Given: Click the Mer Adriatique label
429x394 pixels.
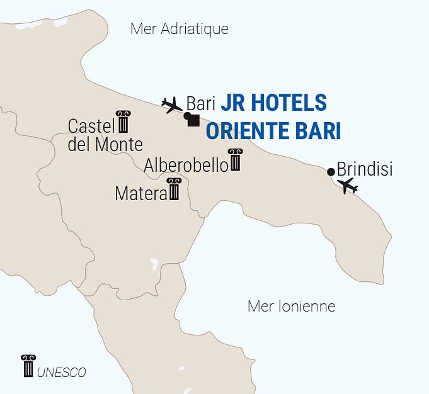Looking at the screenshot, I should [179, 29].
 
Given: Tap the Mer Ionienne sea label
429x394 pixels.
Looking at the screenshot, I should [291, 307].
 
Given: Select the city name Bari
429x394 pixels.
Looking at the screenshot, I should [201, 103].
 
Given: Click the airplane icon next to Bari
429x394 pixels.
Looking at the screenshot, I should [171, 104].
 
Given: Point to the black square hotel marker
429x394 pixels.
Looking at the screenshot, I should [193, 121].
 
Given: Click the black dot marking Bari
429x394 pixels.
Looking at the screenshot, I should [186, 116].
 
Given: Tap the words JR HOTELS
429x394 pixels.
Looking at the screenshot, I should [273, 103].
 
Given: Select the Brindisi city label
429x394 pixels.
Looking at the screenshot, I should [365, 169].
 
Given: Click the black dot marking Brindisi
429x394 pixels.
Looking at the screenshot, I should [331, 172].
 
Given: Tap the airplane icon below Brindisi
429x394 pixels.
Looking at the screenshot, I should [347, 186].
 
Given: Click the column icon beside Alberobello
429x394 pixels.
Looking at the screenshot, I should [235, 160].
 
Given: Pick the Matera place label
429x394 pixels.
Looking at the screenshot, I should [140, 194].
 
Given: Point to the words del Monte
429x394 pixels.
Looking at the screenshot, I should [105, 145].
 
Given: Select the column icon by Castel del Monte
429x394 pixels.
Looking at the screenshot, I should [123, 121].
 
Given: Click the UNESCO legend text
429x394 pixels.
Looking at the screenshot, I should [62, 372].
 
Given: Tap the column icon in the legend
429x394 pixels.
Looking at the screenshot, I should [28, 366].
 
